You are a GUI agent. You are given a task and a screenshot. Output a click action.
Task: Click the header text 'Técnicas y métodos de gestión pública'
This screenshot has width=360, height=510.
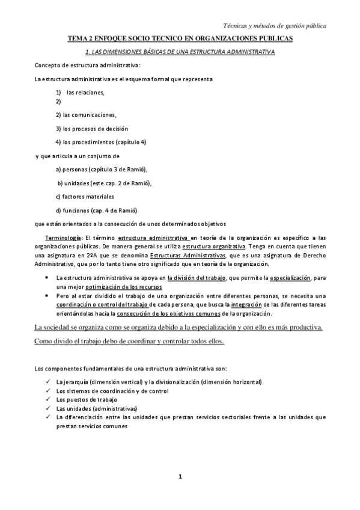[x=275, y=26]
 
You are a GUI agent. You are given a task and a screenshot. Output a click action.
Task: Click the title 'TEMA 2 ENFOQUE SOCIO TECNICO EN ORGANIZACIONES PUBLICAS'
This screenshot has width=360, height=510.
[x=180, y=38]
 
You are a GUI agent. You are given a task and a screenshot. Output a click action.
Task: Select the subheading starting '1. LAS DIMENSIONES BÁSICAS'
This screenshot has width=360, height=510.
[x=180, y=52]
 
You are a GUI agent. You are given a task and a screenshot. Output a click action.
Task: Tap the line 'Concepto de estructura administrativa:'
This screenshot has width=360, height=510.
[x=88, y=65]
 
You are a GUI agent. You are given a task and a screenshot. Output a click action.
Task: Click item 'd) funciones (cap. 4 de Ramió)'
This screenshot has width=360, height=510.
[x=96, y=210]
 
